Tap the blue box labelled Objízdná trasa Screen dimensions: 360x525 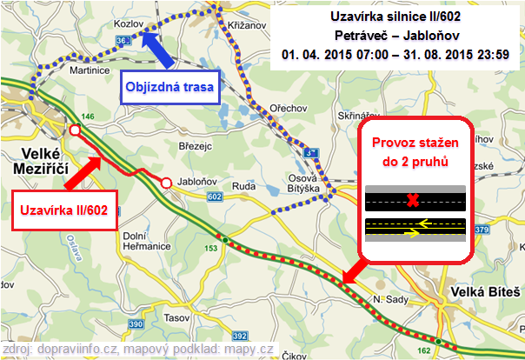(x=169, y=87)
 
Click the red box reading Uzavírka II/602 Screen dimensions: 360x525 (x=65, y=210)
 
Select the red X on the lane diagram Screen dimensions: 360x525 (x=414, y=201)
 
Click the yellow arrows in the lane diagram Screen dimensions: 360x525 (x=415, y=227)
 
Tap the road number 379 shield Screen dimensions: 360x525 (x=483, y=230)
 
